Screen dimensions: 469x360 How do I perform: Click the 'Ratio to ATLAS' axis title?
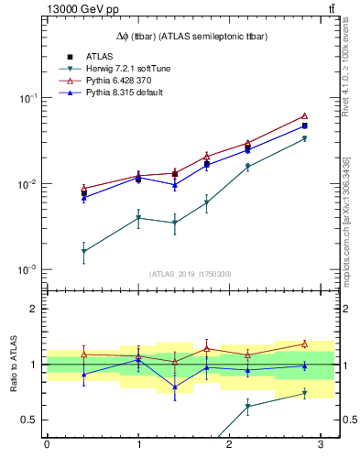12,365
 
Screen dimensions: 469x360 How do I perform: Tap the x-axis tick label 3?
321,445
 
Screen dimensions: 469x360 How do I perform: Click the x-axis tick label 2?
229,445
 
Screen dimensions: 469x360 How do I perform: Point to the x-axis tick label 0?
47,445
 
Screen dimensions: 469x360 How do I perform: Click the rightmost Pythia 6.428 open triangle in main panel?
305,116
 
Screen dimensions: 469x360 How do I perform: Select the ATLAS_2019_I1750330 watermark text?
189,274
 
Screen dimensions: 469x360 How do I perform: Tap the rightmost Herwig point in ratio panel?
305,394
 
